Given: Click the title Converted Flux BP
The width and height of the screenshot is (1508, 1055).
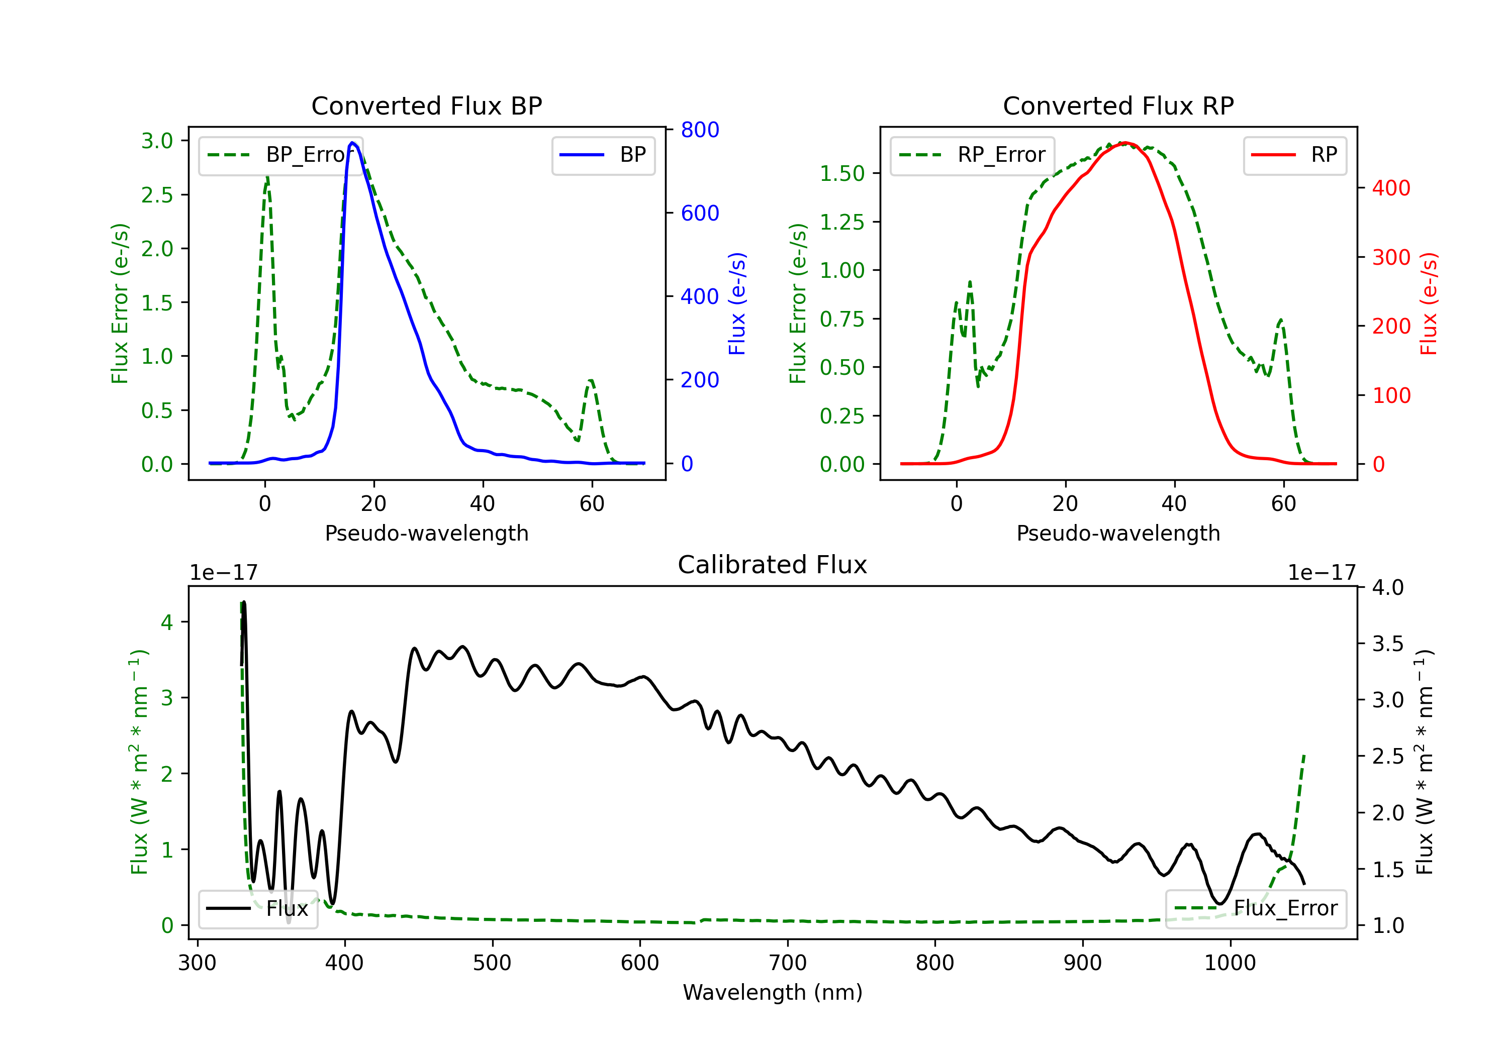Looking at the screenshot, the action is pyautogui.click(x=426, y=105).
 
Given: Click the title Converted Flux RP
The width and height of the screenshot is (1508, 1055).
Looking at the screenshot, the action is pyautogui.click(x=1118, y=105).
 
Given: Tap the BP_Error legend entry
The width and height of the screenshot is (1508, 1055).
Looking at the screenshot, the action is pyautogui.click(x=281, y=155).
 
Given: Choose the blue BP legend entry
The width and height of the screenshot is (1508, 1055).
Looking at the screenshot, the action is pyautogui.click(x=603, y=155).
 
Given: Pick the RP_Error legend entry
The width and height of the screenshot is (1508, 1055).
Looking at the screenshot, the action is pyautogui.click(x=972, y=155).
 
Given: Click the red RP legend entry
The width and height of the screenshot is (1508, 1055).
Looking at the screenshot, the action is pyautogui.click(x=1294, y=155).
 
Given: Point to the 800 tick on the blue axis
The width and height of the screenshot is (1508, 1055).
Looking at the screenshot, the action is pyautogui.click(x=700, y=130).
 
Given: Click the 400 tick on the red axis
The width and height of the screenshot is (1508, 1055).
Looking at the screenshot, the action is pyautogui.click(x=1391, y=188).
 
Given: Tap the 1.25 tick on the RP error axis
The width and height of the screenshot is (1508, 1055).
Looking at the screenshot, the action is pyautogui.click(x=842, y=222).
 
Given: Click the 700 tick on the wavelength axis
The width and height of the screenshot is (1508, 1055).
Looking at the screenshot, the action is pyautogui.click(x=788, y=963).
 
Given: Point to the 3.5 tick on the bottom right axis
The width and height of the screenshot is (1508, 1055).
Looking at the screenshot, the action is pyautogui.click(x=1388, y=644).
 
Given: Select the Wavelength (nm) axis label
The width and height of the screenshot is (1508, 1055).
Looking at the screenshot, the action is pyautogui.click(x=773, y=992).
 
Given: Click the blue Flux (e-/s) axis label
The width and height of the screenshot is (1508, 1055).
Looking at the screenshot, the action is pyautogui.click(x=737, y=304).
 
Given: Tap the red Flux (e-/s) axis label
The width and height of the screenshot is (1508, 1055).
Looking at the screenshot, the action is pyautogui.click(x=1429, y=304).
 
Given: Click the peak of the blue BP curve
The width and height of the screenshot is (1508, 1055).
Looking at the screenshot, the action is pyautogui.click(x=353, y=143).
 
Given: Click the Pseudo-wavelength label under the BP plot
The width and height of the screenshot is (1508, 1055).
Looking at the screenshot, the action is pyautogui.click(x=427, y=533).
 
